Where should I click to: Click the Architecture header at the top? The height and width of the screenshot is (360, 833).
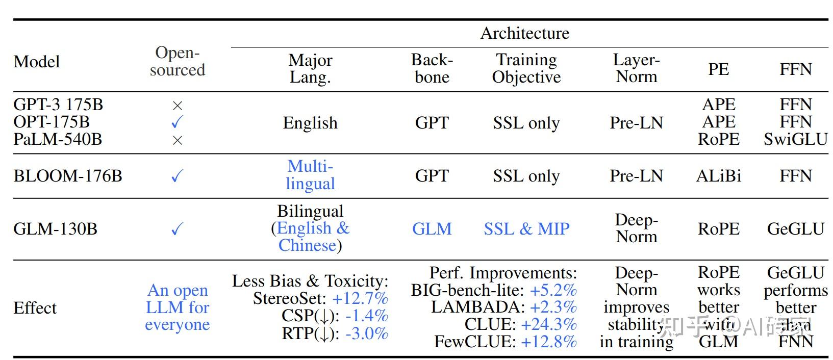click(524, 33)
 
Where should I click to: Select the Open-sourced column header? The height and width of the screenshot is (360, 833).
click(177, 61)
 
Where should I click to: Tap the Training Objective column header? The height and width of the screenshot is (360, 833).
click(526, 68)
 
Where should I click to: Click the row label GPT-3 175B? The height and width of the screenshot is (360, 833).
click(58, 105)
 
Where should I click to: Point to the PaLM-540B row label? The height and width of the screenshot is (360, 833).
click(58, 139)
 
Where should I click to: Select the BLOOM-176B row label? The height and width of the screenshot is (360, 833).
click(68, 176)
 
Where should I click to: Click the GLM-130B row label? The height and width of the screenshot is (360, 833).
click(55, 228)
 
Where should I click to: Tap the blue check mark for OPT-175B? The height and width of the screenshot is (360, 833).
click(177, 122)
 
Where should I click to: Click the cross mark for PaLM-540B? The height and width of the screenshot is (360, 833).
click(177, 140)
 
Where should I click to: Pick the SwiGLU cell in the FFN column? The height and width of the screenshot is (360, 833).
click(795, 139)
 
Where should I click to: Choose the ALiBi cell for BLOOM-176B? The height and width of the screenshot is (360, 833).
click(718, 176)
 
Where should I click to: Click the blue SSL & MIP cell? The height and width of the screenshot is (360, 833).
click(526, 228)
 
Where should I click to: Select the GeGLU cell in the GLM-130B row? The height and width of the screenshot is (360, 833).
click(795, 228)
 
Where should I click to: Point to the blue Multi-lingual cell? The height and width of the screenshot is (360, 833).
click(310, 175)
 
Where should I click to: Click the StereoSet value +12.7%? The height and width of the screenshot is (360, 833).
click(360, 298)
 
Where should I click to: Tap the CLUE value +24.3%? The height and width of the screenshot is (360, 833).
click(548, 324)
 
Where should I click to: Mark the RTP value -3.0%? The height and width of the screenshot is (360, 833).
click(366, 333)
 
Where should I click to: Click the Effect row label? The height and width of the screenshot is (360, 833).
click(35, 308)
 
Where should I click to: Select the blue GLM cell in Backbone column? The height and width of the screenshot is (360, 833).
click(432, 228)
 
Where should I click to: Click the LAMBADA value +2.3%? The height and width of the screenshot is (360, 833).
click(553, 307)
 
